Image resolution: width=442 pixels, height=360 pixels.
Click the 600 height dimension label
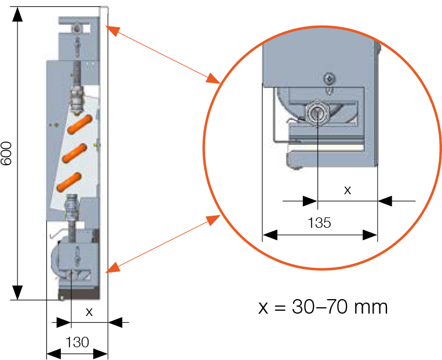(6, 153)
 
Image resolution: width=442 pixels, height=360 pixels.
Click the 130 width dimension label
(77, 342)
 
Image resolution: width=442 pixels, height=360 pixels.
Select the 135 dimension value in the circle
(319, 223)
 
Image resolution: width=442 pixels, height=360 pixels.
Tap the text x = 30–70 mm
(323, 307)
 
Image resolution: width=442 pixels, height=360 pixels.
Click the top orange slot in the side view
(80, 124)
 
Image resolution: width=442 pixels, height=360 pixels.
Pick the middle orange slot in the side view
(74, 153)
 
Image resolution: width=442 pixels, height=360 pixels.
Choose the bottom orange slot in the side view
(69, 182)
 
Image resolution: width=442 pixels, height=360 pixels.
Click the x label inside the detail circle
(348, 190)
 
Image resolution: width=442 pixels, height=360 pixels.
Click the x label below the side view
(89, 312)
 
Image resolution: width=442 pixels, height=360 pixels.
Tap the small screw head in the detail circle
(330, 78)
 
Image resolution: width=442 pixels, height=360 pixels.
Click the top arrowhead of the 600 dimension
(17, 14)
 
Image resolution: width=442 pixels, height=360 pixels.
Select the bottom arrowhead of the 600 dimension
(17, 293)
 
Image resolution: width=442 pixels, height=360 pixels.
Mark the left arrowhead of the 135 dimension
(270, 235)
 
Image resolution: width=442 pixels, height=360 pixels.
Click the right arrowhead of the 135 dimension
(370, 235)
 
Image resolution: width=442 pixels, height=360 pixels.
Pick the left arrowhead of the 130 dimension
(54, 354)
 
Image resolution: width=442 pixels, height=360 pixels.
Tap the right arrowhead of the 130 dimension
(101, 354)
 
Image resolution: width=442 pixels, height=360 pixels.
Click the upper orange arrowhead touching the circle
(213, 78)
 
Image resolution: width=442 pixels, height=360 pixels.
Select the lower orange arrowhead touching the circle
(213, 220)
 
